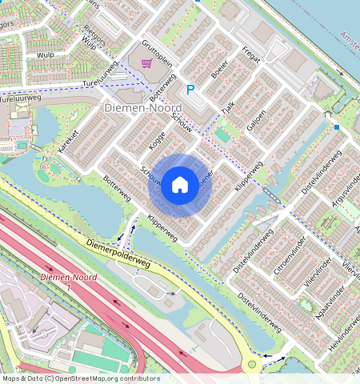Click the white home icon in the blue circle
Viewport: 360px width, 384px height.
click(180, 186)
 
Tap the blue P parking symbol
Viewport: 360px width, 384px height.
click(190, 90)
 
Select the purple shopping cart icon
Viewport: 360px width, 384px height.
click(146, 62)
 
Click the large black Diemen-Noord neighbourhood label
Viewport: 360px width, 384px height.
click(142, 107)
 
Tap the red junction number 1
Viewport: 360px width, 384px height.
click(69, 286)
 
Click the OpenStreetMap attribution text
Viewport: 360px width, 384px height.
click(81, 378)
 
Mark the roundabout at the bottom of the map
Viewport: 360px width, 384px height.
click(253, 365)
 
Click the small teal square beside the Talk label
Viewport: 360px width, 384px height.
click(222, 135)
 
